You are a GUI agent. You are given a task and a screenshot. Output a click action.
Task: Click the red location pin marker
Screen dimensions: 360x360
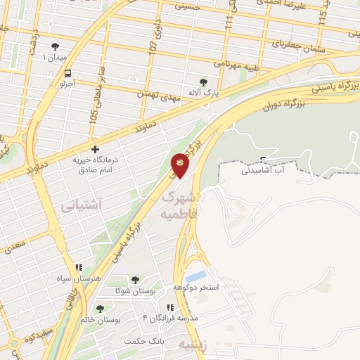[179, 166]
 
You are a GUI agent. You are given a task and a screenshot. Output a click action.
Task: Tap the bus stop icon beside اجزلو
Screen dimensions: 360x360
[67, 73]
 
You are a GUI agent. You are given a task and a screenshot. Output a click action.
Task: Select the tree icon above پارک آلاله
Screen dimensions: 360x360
[205, 82]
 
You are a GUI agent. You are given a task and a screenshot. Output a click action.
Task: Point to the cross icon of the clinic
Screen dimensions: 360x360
[96, 149]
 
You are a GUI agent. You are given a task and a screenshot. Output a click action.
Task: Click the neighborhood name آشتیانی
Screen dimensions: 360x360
[82, 205]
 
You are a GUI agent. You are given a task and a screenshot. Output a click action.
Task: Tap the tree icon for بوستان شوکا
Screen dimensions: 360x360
[134, 280]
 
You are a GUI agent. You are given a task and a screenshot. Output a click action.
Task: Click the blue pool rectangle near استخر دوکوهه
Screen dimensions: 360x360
[198, 276]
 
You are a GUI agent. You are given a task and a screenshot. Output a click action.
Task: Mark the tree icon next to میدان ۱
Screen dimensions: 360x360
[55, 47]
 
